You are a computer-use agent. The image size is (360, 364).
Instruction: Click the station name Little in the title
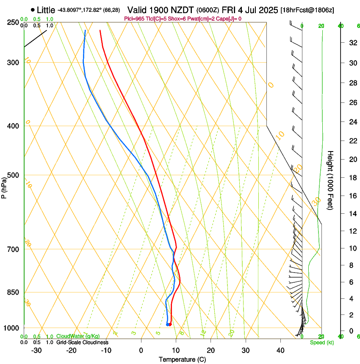click(x=46, y=10)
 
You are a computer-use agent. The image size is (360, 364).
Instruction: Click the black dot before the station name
click(x=33, y=10)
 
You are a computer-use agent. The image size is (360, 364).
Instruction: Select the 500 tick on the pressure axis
click(x=13, y=175)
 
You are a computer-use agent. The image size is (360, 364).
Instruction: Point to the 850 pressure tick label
click(x=13, y=292)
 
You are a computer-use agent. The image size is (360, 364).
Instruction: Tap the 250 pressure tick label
click(x=13, y=22)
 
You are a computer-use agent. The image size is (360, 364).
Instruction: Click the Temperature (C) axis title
click(x=182, y=359)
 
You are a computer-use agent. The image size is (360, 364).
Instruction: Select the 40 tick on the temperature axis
click(x=280, y=350)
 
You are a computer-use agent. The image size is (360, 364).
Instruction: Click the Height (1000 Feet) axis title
click(x=330, y=180)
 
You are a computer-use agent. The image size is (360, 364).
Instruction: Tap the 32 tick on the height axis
click(x=352, y=43)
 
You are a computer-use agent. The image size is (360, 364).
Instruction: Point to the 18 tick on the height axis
click(x=352, y=178)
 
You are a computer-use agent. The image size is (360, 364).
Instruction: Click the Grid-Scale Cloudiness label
click(x=82, y=342)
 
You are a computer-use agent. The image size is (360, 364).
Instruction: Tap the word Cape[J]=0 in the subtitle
click(x=229, y=19)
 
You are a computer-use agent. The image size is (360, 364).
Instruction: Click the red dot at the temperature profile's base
click(x=170, y=325)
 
